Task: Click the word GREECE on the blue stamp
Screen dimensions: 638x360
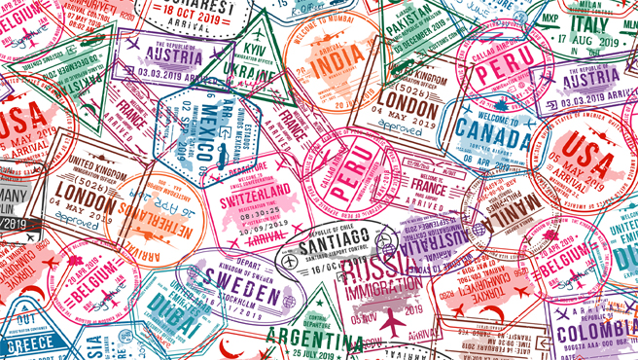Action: [x=31, y=343]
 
